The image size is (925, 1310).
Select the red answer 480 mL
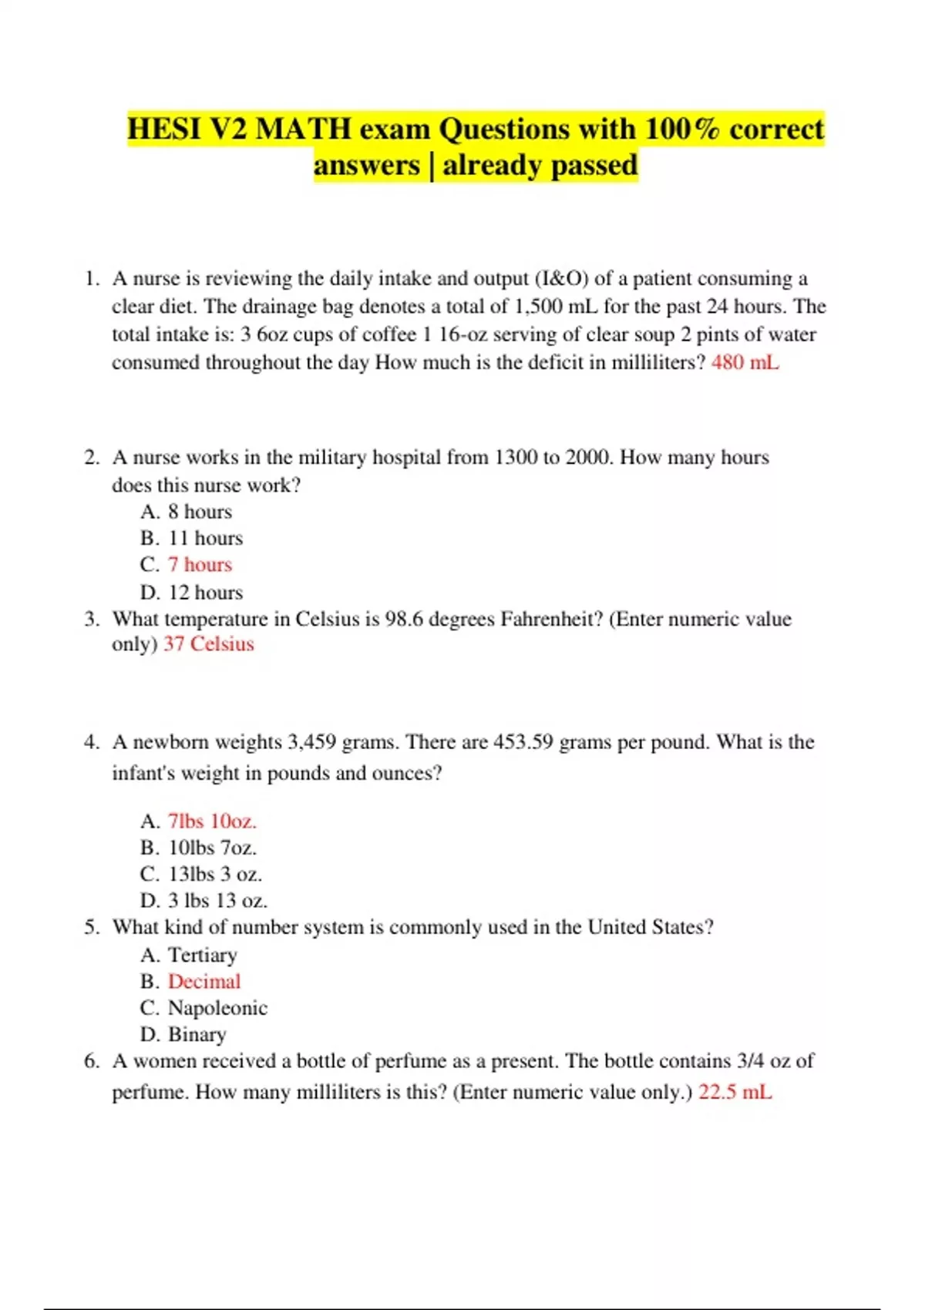click(x=745, y=362)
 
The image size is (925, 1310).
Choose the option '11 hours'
click(x=205, y=538)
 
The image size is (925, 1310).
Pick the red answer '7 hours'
click(x=200, y=565)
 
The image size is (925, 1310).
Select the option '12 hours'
click(x=205, y=593)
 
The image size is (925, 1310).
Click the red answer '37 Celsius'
click(x=208, y=644)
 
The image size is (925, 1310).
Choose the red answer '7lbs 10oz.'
click(x=212, y=821)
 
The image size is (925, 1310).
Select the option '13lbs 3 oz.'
click(x=215, y=875)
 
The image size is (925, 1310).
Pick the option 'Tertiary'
click(x=203, y=956)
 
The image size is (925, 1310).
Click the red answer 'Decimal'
click(x=204, y=982)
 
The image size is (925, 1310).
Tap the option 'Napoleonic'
click(x=217, y=1009)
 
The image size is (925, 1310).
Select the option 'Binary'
click(x=197, y=1035)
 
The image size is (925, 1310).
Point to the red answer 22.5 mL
click(x=735, y=1093)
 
